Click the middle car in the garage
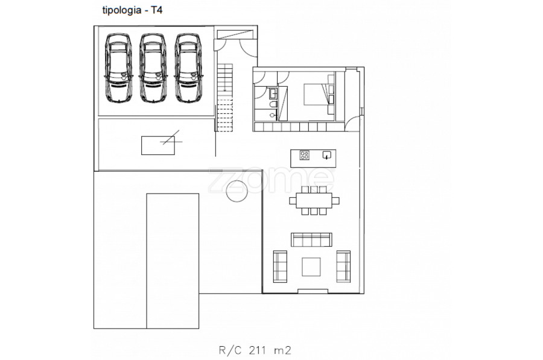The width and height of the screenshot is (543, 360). click(x=153, y=68)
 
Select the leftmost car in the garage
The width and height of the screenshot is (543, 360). click(x=118, y=68)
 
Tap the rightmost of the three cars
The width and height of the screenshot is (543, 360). click(x=188, y=68)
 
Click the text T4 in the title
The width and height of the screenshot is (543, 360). click(x=156, y=10)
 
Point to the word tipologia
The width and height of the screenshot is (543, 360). click(x=121, y=11)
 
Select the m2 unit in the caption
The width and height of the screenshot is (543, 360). click(x=282, y=351)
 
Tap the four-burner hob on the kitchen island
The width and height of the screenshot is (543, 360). click(x=305, y=155)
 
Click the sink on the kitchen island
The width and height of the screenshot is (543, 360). click(x=327, y=155)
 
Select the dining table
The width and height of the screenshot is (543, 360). click(x=314, y=200)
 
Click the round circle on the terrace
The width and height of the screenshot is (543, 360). click(x=237, y=191)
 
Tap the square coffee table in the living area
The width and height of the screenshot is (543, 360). click(x=311, y=267)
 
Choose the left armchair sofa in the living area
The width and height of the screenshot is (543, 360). click(x=280, y=266)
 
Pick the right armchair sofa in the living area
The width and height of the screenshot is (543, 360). click(x=343, y=266)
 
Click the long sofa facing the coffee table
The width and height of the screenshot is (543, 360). click(x=312, y=239)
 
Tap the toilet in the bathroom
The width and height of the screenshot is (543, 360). click(x=273, y=104)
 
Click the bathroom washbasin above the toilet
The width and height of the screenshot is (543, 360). click(x=273, y=93)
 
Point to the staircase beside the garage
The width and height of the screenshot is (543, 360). click(x=224, y=98)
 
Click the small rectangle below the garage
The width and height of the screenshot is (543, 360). click(x=158, y=145)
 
